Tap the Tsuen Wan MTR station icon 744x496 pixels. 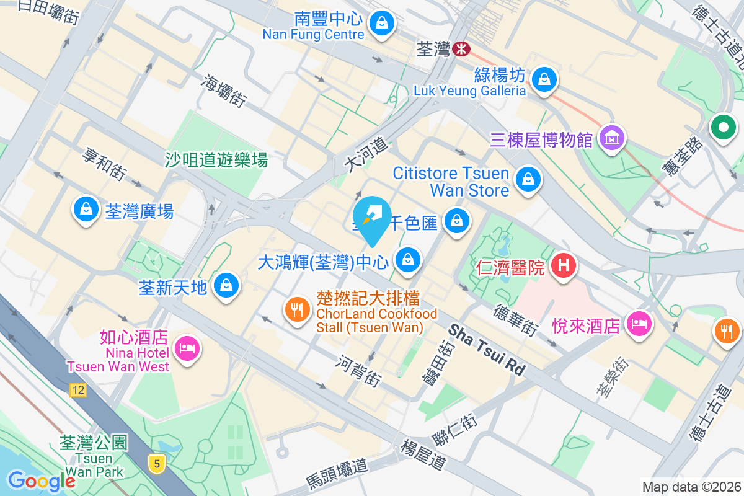[461, 49]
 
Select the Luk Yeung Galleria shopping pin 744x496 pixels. [544, 79]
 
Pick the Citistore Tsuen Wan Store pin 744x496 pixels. [528, 180]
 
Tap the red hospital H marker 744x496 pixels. [564, 266]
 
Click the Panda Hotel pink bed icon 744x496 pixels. [638, 323]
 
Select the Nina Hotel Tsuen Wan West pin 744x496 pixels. [186, 348]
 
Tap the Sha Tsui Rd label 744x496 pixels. [487, 350]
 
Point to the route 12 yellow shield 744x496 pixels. [77, 390]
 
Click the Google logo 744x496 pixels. [42, 480]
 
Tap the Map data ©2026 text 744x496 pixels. [691, 487]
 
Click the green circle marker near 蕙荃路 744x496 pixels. [723, 128]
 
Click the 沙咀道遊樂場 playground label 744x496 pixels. [216, 161]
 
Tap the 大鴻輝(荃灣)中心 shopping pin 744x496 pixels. [408, 260]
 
